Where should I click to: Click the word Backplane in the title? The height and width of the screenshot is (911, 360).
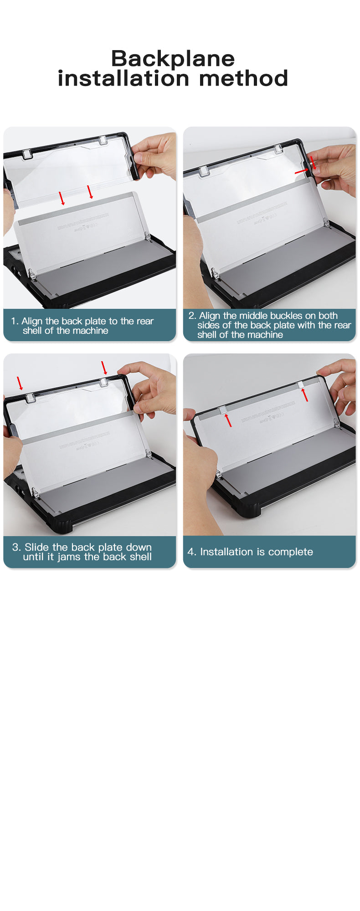(x=173, y=58)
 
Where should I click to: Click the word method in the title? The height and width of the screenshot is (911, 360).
(x=244, y=78)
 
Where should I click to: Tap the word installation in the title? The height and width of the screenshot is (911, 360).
(x=123, y=78)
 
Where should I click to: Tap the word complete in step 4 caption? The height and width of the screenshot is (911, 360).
(x=291, y=552)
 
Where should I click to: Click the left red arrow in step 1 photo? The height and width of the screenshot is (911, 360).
(x=62, y=198)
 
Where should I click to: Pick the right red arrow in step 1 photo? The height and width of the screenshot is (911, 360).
(x=90, y=192)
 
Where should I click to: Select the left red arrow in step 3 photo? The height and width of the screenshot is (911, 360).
(x=20, y=383)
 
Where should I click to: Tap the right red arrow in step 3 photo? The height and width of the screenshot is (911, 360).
(x=104, y=368)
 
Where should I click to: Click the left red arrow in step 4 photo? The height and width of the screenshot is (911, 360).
(x=228, y=420)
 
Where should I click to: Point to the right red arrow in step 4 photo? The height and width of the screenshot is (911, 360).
(x=304, y=394)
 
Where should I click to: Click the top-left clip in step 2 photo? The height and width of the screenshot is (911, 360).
(x=204, y=171)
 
